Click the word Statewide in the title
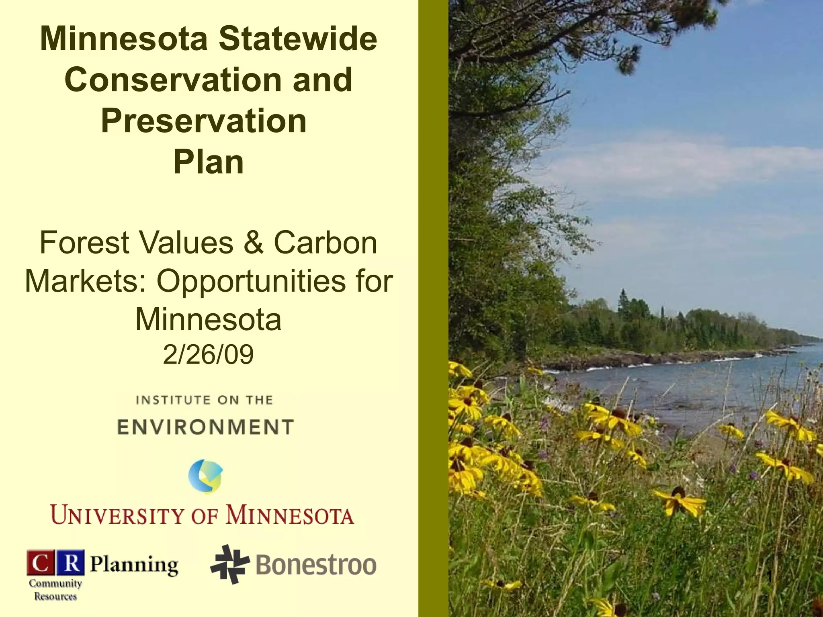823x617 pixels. [298, 39]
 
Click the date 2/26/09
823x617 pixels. [208, 354]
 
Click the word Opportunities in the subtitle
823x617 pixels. [250, 281]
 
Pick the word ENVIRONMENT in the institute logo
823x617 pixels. [205, 427]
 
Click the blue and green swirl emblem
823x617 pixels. [206, 476]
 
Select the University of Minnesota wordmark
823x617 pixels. [202, 515]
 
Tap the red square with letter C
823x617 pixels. [40, 563]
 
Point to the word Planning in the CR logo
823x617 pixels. [134, 565]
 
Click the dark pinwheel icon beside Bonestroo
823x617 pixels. [229, 564]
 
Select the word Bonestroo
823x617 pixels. [316, 565]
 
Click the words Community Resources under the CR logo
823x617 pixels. [55, 590]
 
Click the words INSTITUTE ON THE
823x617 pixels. [205, 400]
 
